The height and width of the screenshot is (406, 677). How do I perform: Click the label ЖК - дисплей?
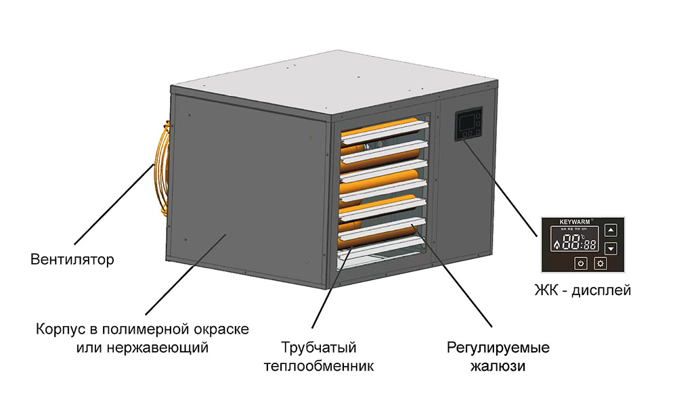pos(582,292)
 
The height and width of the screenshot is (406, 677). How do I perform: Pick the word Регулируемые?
pos(498,348)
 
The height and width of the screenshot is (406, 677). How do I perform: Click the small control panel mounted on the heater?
pos(467,126)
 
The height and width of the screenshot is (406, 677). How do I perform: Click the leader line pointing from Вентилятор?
pos(115,203)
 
